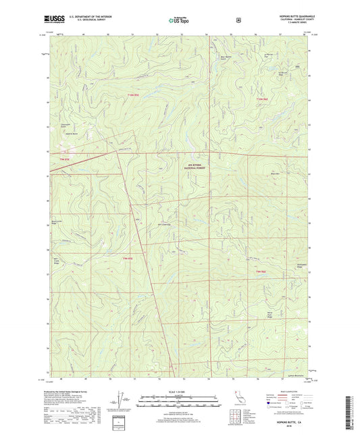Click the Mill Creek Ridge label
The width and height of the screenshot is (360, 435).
coord(57,258)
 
